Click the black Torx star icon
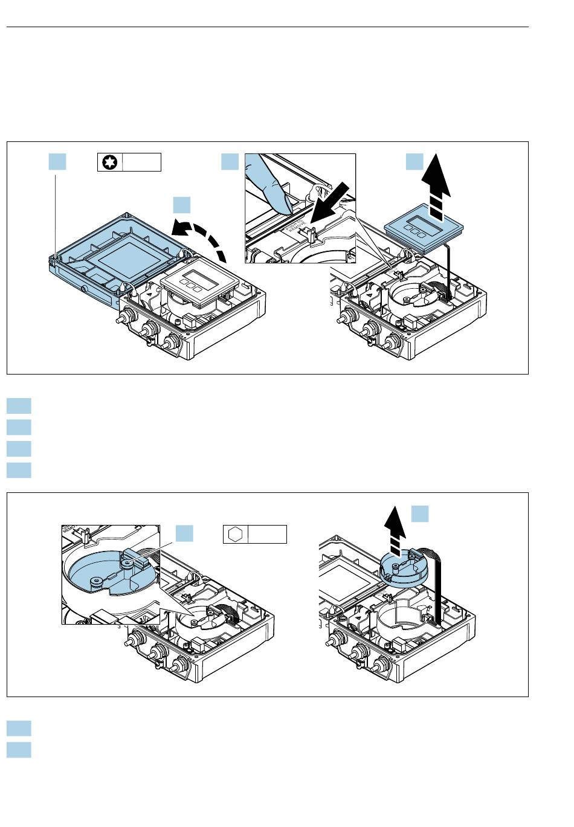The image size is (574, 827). pyautogui.click(x=110, y=163)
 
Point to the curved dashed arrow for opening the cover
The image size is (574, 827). pyautogui.click(x=202, y=239)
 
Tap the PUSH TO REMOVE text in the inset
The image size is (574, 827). pyautogui.click(x=292, y=229)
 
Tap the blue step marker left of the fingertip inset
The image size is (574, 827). pyautogui.click(x=230, y=162)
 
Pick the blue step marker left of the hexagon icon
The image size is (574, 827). pyautogui.click(x=184, y=534)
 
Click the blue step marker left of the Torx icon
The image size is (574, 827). pyautogui.click(x=57, y=162)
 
